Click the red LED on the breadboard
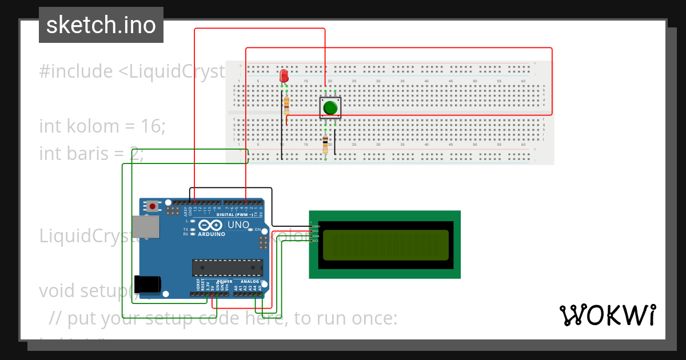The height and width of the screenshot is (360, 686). pyautogui.click(x=284, y=76)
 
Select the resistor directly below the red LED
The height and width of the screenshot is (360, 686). pyautogui.click(x=286, y=103)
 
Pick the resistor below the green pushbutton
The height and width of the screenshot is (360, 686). pyautogui.click(x=325, y=144)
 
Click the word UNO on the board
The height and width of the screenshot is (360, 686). pyautogui.click(x=238, y=225)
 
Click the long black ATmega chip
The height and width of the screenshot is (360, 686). pyautogui.click(x=226, y=266)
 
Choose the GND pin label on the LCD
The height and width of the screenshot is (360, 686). pyautogui.click(x=316, y=226)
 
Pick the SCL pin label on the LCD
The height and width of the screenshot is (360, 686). pyautogui.click(x=315, y=241)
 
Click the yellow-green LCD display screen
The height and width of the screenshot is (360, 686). pyautogui.click(x=386, y=245)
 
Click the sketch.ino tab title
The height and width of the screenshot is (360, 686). pyautogui.click(x=101, y=25)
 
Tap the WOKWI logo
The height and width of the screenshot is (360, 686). pyautogui.click(x=607, y=315)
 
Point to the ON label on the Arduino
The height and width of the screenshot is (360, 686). pyautogui.click(x=257, y=230)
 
